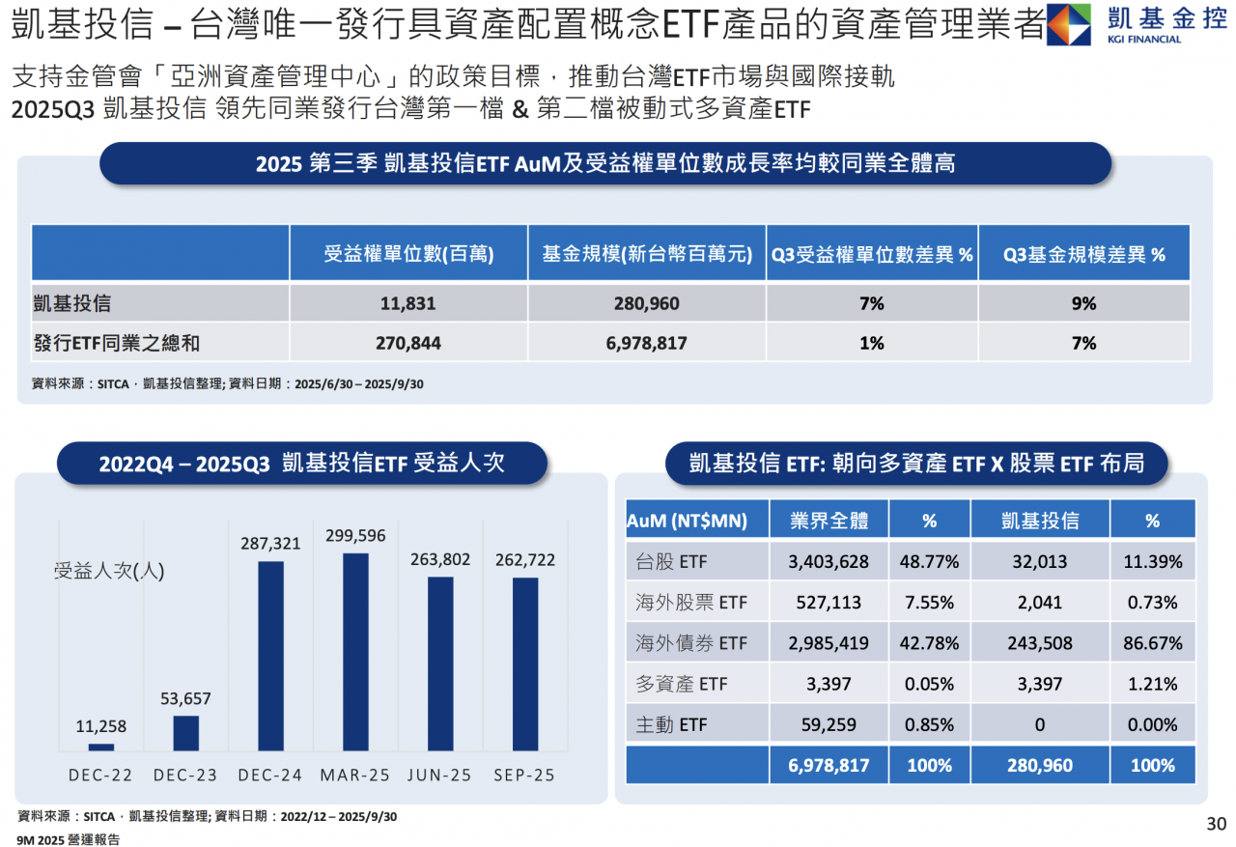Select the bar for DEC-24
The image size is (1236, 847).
pos(271,656)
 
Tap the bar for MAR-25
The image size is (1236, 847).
pos(355,652)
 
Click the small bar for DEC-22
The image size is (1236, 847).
pos(101,747)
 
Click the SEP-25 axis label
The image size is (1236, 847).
pos(524,776)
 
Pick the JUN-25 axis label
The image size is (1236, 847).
pos(439,776)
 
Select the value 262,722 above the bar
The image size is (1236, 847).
pos(524,560)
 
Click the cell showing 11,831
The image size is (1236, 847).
pos(407,303)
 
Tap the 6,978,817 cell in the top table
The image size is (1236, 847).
pos(646,343)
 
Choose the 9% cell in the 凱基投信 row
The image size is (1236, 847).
pos(1083,303)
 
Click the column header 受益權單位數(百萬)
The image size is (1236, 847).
pos(407,254)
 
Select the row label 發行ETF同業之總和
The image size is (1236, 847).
pos(117,343)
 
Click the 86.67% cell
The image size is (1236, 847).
pos(1152,643)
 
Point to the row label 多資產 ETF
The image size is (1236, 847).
pos(682,684)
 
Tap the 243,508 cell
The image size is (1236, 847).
pos(1039,643)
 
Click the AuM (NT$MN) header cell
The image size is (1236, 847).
pos(688,521)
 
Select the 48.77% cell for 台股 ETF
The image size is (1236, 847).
pos(929,561)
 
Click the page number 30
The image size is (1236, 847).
pos(1216,824)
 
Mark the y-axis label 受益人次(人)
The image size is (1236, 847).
pos(109,571)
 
